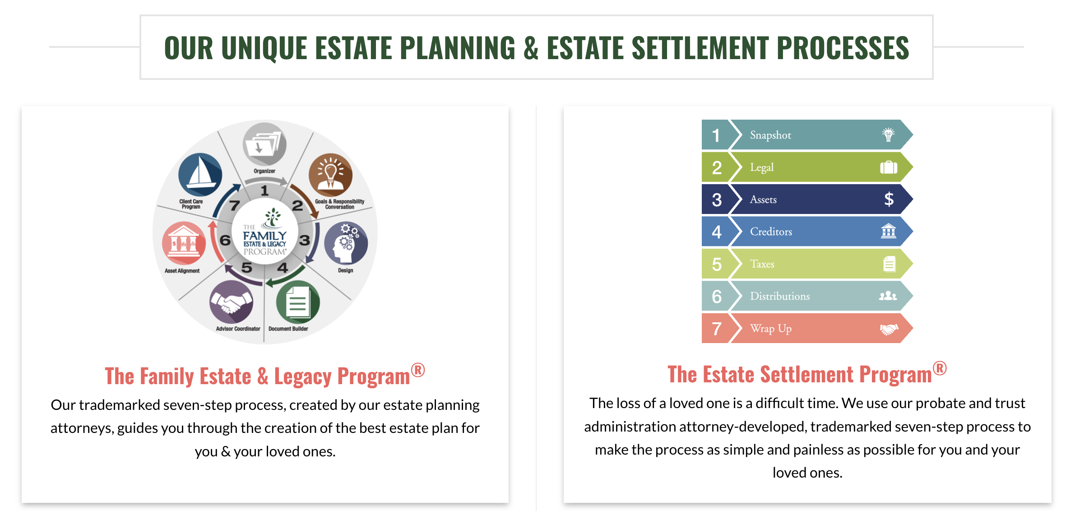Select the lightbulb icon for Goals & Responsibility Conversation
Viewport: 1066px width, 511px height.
(330, 175)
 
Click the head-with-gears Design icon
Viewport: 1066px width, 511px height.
(346, 243)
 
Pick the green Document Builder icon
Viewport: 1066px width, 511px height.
(298, 302)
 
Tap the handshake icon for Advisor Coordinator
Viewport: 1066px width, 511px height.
(231, 302)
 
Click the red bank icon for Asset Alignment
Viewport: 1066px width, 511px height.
(184, 243)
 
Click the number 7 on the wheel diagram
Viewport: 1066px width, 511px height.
(234, 206)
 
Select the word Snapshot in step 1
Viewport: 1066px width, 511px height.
(770, 135)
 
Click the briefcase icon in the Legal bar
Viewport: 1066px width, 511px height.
(889, 167)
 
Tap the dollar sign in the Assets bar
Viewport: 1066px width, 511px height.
(889, 199)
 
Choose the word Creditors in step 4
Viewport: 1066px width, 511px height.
(771, 232)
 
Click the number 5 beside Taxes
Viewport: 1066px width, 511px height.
(717, 264)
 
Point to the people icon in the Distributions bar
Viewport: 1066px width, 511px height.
(888, 296)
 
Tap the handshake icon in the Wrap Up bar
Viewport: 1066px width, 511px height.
(889, 329)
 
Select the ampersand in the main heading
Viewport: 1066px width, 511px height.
(531, 48)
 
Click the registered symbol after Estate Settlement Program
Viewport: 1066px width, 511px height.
(940, 368)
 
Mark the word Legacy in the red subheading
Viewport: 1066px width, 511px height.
(302, 376)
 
